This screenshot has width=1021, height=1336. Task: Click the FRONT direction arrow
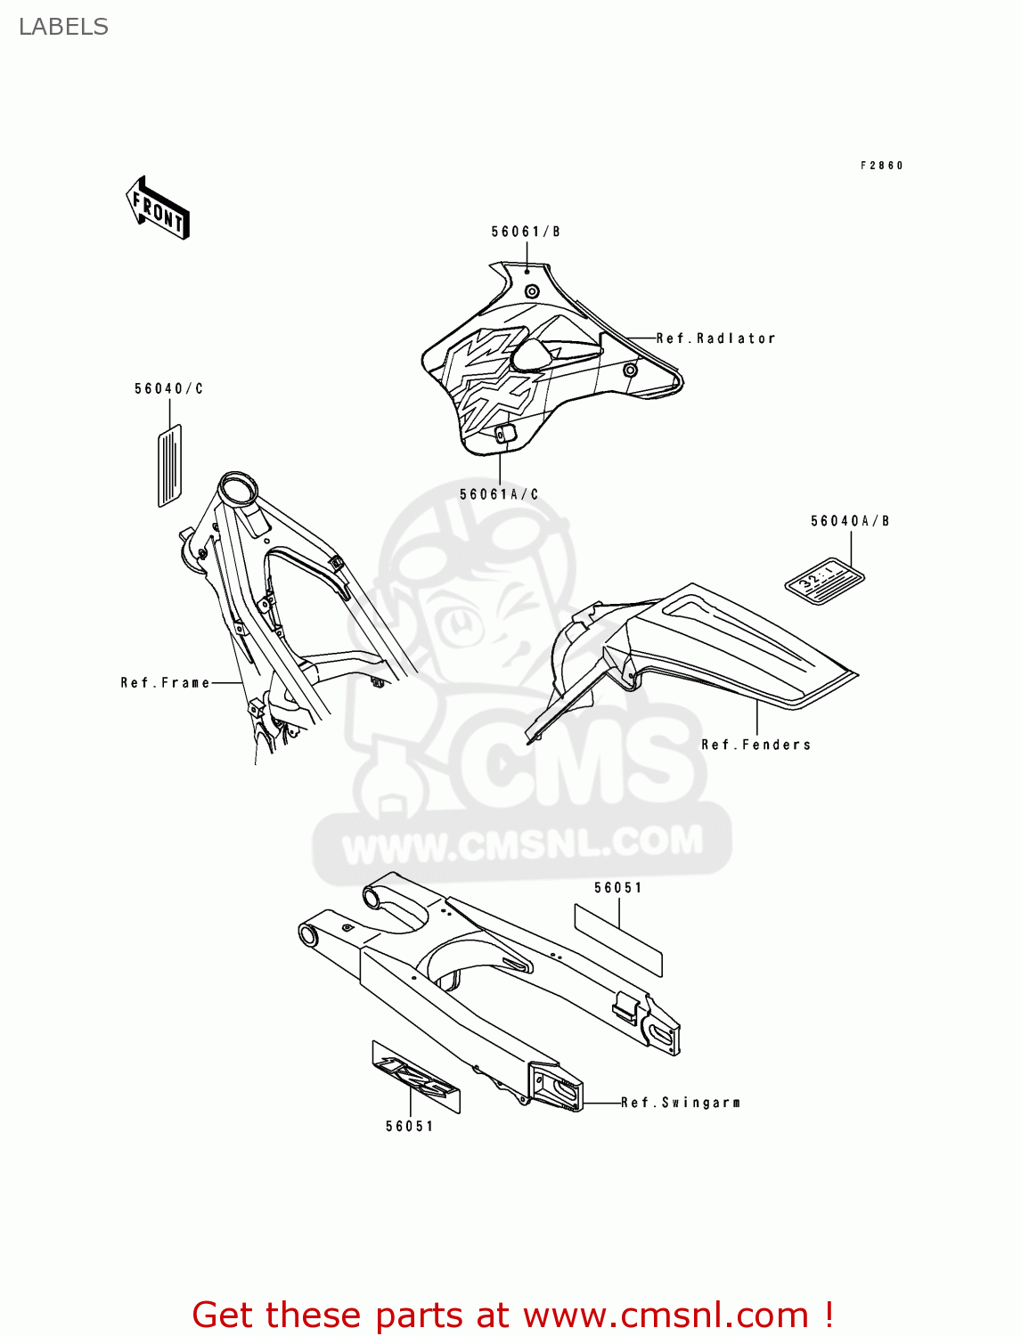tap(159, 208)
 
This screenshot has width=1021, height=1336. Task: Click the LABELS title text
tap(63, 27)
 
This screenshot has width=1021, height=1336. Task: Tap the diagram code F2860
tap(881, 166)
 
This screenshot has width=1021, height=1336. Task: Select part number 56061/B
tap(526, 232)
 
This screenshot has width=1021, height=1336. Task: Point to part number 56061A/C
tap(499, 494)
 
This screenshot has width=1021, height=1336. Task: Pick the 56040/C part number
tap(168, 388)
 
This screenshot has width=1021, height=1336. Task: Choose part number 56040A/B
tap(849, 521)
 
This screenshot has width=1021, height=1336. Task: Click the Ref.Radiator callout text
tap(715, 338)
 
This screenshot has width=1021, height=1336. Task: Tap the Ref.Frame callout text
tap(166, 683)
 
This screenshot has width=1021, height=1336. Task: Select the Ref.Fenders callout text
tap(756, 745)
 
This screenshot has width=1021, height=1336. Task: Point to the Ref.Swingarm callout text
tap(681, 1103)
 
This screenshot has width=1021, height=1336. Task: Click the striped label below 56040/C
tap(169, 465)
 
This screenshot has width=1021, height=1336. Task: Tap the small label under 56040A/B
tap(824, 582)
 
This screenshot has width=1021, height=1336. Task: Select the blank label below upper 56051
tap(617, 940)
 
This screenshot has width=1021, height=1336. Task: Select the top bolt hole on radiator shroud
tap(532, 291)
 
